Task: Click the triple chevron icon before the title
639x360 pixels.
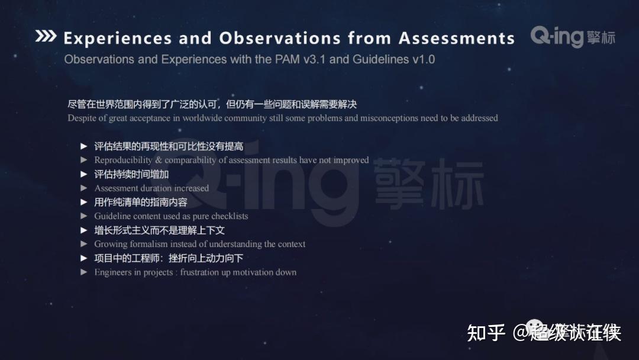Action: click(46, 36)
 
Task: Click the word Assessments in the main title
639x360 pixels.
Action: click(457, 38)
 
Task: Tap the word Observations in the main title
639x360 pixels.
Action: click(279, 38)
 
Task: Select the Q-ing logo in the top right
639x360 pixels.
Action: click(572, 37)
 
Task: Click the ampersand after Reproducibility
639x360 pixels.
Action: click(159, 160)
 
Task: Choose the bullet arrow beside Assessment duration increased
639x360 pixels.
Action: click(84, 188)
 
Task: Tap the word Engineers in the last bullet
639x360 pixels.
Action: click(114, 272)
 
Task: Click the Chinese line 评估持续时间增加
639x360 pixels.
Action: click(131, 174)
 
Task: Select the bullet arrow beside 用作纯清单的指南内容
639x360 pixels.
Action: click(84, 202)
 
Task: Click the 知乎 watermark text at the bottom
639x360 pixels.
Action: click(486, 333)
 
